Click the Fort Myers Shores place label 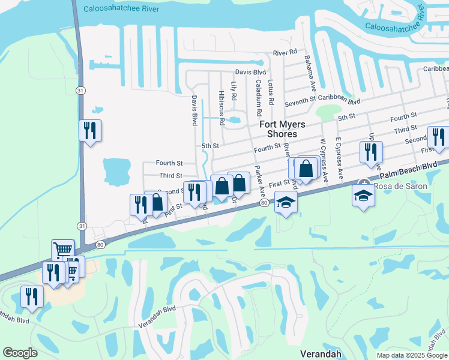click(282, 129)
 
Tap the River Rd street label click(285, 53)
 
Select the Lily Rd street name click(234, 92)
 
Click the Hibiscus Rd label click(221, 108)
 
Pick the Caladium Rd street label click(259, 97)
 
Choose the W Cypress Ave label click(324, 160)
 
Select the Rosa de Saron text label click(401, 187)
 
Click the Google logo click(20, 353)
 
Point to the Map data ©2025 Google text click(411, 355)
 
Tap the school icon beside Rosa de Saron click(363, 197)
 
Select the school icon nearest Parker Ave click(286, 203)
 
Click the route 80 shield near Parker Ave click(264, 204)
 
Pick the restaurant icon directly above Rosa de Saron click(371, 152)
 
